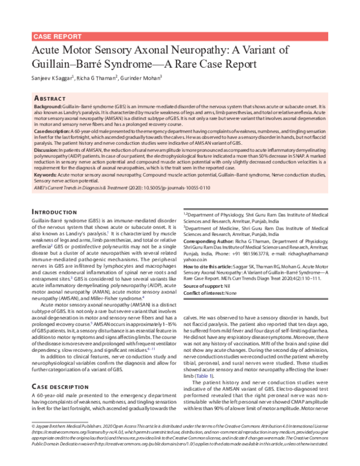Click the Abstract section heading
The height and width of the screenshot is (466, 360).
point(51,97)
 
